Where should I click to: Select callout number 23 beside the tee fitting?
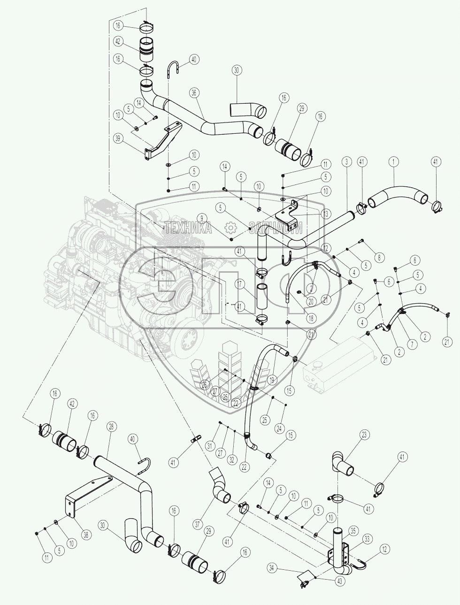364,435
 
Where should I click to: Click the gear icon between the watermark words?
230,228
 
